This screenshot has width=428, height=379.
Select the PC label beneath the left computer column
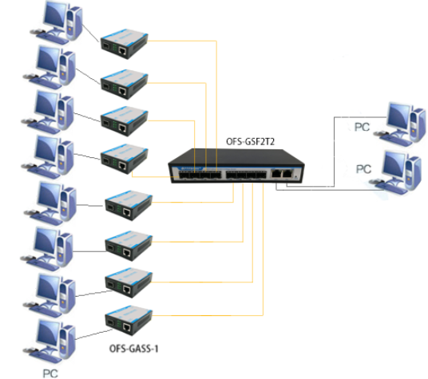50,372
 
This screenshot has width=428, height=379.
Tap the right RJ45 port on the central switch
287,172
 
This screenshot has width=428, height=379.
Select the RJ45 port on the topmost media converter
121,49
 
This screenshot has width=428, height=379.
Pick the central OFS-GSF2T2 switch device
232,166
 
